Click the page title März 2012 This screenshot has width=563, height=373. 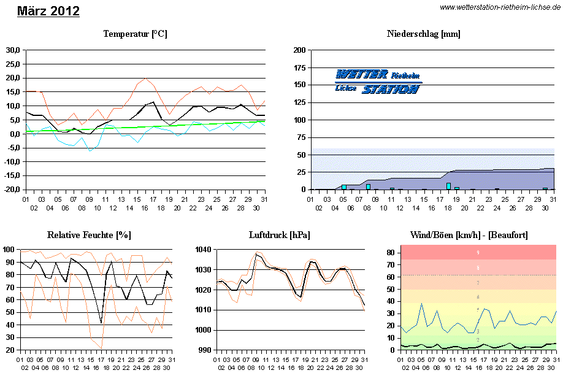[x=48, y=11]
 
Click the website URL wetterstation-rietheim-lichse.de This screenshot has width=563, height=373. [x=500, y=7]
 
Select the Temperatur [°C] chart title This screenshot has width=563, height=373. [x=135, y=34]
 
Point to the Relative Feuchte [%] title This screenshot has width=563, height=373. [x=89, y=235]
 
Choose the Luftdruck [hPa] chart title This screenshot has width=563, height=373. [x=280, y=235]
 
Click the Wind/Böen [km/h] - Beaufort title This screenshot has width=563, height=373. [x=469, y=235]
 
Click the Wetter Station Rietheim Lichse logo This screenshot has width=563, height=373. [x=378, y=82]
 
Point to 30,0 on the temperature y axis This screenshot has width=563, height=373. [x=13, y=50]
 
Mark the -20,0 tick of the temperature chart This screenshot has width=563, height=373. [x=12, y=190]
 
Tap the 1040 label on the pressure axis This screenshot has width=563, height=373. [x=204, y=250]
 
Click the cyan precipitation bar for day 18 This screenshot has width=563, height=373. [x=448, y=186]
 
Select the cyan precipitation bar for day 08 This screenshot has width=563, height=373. [x=368, y=186]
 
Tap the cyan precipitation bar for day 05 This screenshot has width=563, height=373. [x=344, y=186]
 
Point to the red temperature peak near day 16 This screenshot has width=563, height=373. [x=145, y=79]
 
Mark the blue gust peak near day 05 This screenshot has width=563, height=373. [x=421, y=304]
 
